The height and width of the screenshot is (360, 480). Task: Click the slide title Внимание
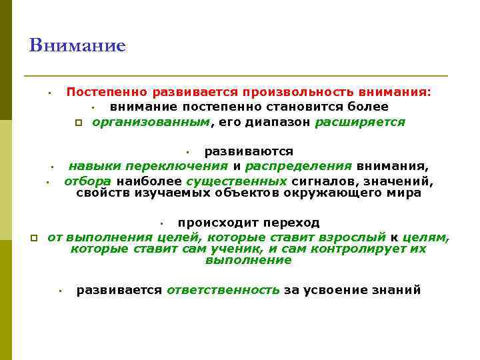77,46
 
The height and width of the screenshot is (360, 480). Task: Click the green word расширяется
360,122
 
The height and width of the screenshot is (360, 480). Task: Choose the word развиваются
249,151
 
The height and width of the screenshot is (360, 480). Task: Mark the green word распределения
299,166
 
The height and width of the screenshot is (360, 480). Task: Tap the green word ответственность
223,290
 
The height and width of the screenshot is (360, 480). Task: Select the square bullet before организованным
78,123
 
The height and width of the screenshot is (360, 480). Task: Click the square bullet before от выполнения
33,237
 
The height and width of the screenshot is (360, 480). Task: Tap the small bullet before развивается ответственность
59,291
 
